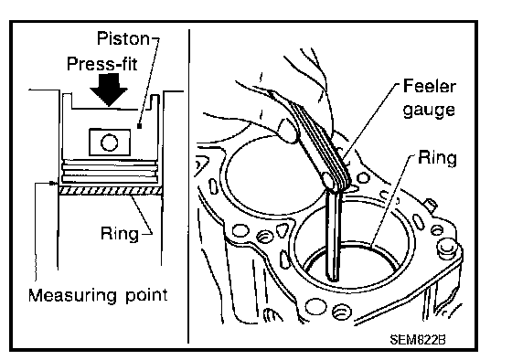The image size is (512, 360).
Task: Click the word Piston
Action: (123, 38)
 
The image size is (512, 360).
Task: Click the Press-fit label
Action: (101, 64)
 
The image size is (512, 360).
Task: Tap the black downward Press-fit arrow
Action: (109, 90)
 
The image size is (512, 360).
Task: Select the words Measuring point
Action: (98, 295)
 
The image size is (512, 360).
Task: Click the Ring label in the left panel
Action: (120, 234)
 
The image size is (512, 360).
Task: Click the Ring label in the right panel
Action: (437, 158)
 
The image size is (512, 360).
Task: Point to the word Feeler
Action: (430, 86)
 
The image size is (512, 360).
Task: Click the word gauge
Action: (429, 110)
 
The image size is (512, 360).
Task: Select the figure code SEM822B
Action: (418, 340)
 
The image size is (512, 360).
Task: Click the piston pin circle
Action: (110, 143)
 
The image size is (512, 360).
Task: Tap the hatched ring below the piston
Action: (111, 191)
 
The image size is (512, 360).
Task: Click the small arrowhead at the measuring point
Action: (53, 184)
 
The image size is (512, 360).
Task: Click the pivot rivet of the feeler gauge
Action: (328, 179)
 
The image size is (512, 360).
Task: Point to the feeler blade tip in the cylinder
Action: (334, 279)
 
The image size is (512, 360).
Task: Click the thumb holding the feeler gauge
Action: (289, 131)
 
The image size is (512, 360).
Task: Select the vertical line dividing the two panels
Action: (188, 186)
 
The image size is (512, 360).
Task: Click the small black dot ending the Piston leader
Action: (139, 126)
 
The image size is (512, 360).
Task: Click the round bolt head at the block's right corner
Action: (446, 247)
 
